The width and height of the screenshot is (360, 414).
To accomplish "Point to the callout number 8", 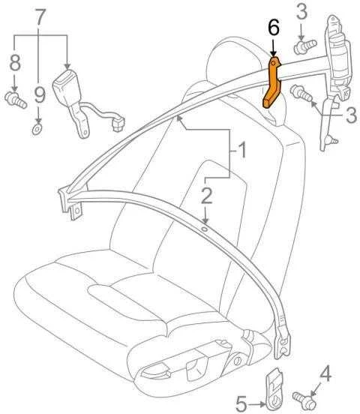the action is [x=15, y=62].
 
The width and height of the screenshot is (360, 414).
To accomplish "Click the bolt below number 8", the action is [x=15, y=100].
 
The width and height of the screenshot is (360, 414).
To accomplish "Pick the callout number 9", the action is [x=40, y=94].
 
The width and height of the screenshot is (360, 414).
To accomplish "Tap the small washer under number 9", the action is [x=37, y=130].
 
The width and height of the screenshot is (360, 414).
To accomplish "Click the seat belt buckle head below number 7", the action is [x=67, y=85].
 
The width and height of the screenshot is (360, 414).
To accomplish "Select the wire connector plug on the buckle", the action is [x=118, y=123].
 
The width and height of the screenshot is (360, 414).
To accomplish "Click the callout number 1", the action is [x=242, y=150].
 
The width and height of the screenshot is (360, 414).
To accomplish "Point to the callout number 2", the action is [x=206, y=196].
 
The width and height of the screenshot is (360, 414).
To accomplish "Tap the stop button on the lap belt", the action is [x=204, y=229].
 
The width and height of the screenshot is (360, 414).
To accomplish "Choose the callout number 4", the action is [x=325, y=373].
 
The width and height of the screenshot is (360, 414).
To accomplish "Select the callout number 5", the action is [x=241, y=403].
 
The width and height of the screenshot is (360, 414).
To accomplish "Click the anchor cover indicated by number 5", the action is [x=274, y=390].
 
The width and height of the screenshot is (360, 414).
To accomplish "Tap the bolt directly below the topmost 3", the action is [x=305, y=47].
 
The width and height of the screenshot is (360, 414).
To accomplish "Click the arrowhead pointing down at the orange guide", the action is [x=273, y=53].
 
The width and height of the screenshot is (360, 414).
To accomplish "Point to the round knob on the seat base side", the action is [x=238, y=361].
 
